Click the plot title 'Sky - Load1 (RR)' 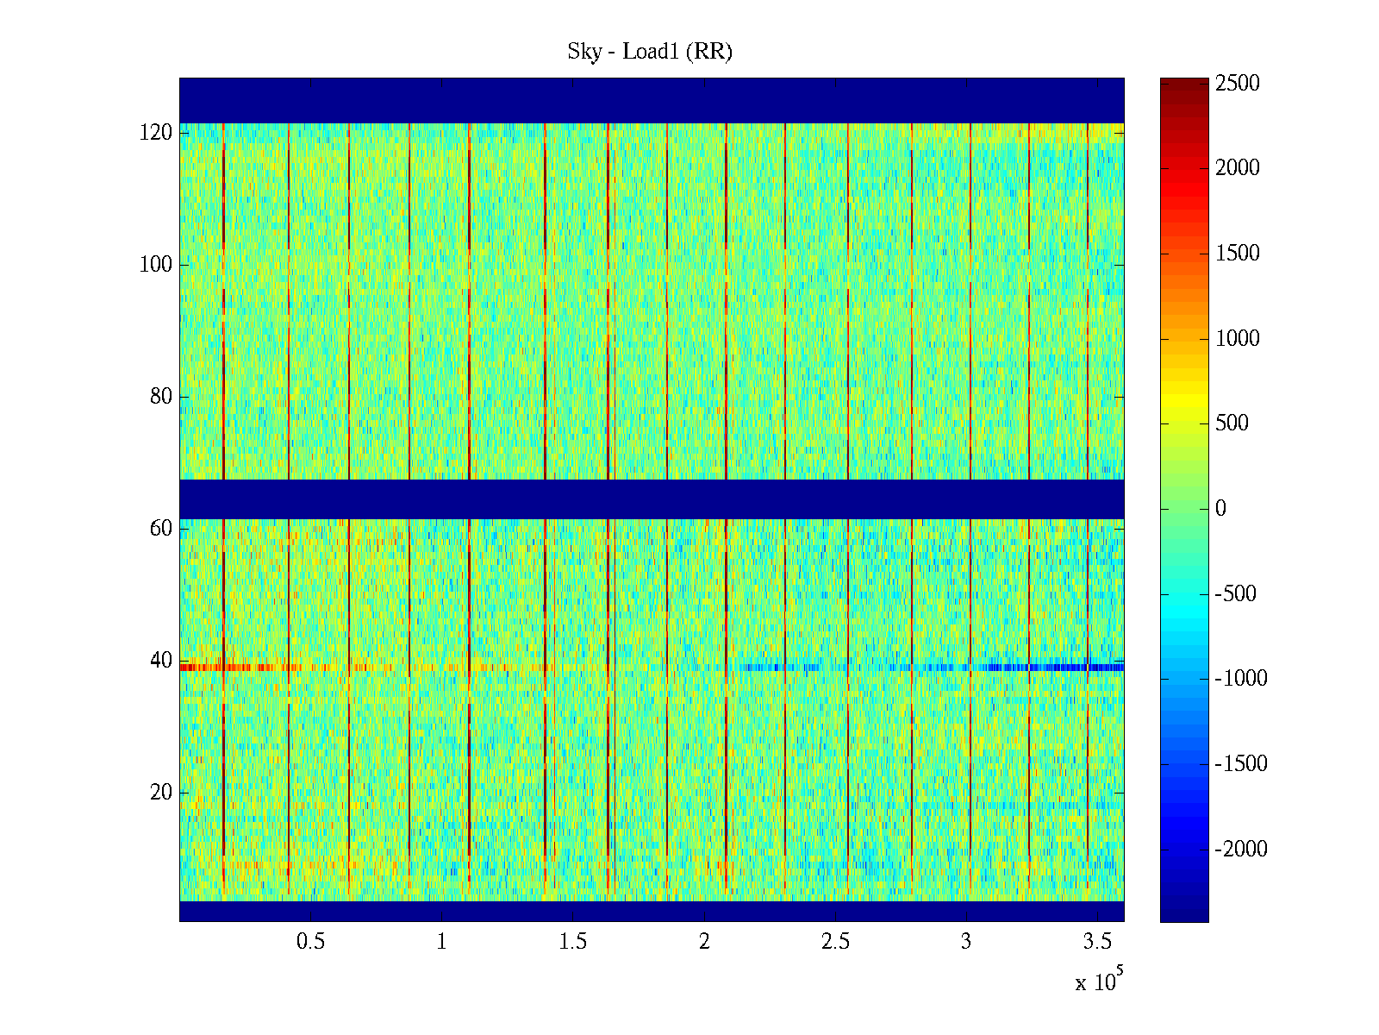(x=649, y=52)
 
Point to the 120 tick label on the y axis (x=155, y=133)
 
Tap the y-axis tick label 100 (x=155, y=265)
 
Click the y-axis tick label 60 (x=160, y=528)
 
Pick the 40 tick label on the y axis (x=160, y=661)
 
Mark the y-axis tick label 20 (x=160, y=793)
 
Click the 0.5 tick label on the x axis (x=310, y=942)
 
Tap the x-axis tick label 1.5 (x=572, y=942)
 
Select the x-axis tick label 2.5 (x=835, y=942)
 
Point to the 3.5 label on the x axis (x=1096, y=942)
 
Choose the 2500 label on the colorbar (x=1238, y=84)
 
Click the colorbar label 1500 (x=1238, y=254)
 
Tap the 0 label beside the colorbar (x=1220, y=509)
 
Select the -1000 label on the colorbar (x=1241, y=679)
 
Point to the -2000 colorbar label (x=1241, y=850)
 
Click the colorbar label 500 (x=1232, y=423)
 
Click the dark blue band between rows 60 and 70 (x=651, y=499)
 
